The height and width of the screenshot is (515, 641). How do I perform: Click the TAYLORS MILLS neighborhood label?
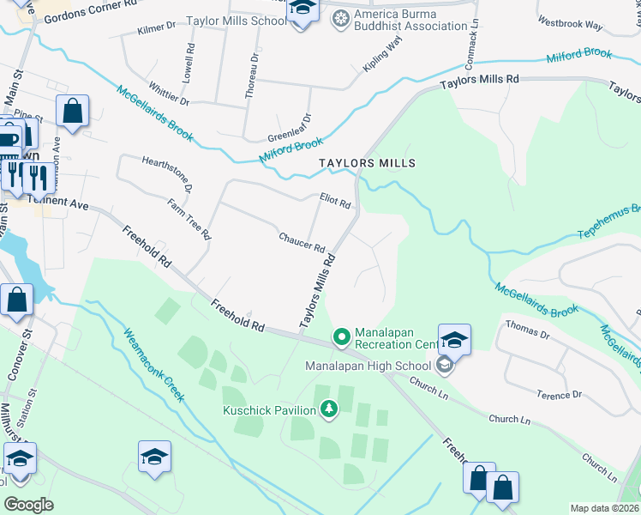(367, 163)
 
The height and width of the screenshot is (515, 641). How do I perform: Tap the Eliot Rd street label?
(335, 203)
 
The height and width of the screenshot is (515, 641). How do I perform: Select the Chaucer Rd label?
(302, 242)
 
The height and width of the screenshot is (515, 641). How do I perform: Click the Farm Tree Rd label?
(189, 218)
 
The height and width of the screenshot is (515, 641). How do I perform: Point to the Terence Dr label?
(559, 395)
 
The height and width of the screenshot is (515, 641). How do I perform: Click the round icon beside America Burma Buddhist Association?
(341, 18)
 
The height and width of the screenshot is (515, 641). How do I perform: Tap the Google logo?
(28, 504)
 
